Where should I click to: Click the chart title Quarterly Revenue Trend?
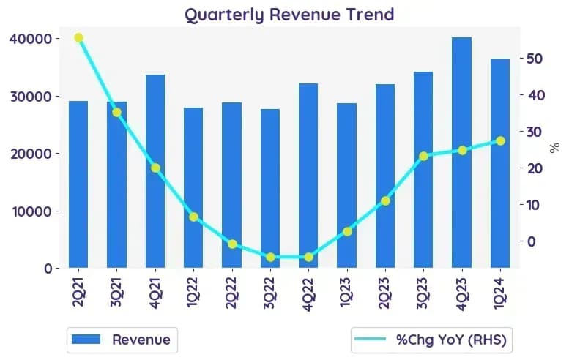289,15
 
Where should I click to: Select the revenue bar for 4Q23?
461,153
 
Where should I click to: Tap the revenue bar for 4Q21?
155,171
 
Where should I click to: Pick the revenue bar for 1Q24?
500,163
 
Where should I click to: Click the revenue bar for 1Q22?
193,188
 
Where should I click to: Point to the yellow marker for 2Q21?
79,38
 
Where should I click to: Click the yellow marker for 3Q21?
116,113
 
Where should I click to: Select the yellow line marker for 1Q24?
500,141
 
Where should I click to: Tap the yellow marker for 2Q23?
385,200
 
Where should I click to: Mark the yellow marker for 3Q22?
270,258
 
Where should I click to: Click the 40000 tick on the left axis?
31,39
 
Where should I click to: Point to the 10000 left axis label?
32,211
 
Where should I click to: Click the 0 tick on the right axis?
531,241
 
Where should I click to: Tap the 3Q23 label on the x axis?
423,293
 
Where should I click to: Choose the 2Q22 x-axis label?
232,293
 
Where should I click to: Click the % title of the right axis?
554,148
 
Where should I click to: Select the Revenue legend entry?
122,340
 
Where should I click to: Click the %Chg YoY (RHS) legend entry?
431,340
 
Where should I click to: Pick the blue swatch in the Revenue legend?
86,340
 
